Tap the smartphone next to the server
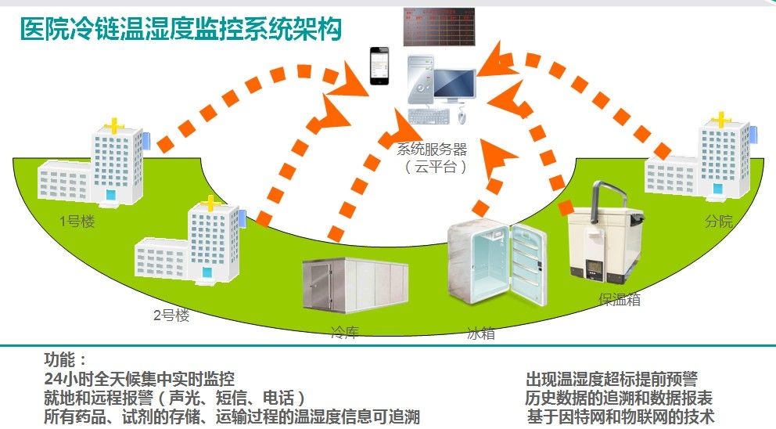379,67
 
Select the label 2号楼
171,315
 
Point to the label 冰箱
480,333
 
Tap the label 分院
719,221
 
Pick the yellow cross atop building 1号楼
115,124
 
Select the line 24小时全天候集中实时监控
139,379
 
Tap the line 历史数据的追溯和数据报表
619,398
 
